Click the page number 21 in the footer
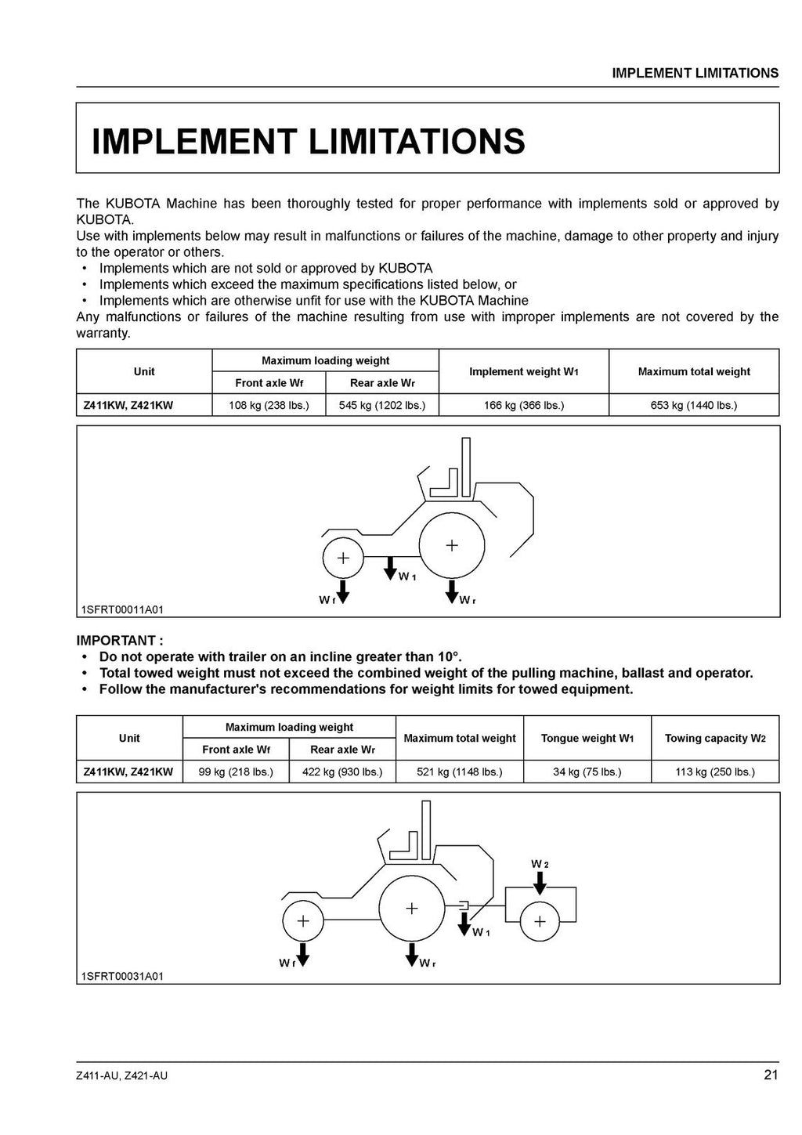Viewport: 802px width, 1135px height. point(771,1075)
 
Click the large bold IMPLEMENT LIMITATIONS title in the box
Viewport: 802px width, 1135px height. point(309,142)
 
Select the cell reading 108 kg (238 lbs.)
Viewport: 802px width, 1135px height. point(269,405)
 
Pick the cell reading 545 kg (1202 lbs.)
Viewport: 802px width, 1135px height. point(382,405)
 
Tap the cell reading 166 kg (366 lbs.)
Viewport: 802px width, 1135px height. point(523,405)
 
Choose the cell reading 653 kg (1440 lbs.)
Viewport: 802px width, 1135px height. point(693,405)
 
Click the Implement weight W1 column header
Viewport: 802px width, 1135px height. point(523,372)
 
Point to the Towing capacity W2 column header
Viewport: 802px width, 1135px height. point(715,738)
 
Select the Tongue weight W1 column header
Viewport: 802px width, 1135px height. point(587,738)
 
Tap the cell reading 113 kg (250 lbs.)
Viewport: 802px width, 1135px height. point(715,772)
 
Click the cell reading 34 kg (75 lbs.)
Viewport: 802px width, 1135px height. point(587,772)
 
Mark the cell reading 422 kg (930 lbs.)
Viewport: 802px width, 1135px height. point(342,772)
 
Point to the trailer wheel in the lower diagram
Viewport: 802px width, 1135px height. point(540,921)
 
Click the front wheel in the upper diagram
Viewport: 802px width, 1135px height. point(343,558)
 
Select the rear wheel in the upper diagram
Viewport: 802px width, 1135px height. point(451,546)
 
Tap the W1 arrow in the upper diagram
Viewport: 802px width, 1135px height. point(390,569)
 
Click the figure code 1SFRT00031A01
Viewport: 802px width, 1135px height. point(122,976)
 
